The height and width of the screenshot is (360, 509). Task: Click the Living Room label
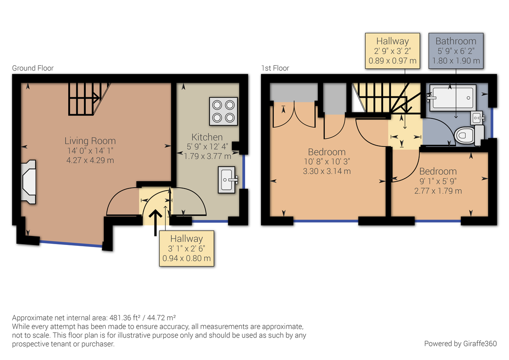click(90, 141)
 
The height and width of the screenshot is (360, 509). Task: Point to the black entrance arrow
click(156, 221)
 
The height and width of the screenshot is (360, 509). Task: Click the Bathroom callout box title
click(456, 41)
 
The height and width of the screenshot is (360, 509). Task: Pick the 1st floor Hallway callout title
click(392, 41)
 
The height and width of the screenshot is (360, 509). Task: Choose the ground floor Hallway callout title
click(186, 239)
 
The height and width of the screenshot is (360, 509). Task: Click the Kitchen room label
click(207, 137)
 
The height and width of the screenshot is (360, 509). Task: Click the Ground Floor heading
click(33, 68)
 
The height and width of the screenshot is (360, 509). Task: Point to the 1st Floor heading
click(275, 68)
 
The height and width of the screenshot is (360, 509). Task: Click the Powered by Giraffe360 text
click(460, 343)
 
